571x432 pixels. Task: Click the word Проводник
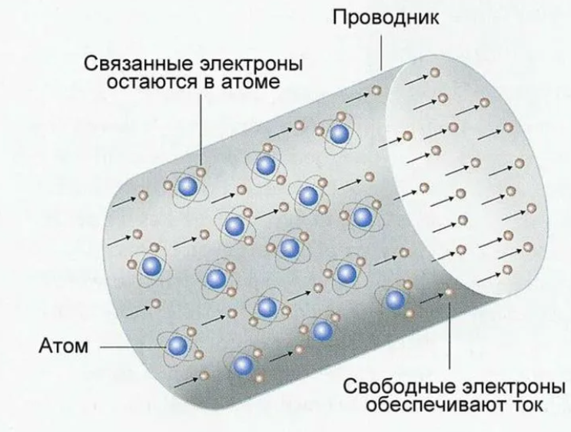(386, 18)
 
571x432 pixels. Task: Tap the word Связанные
(138, 64)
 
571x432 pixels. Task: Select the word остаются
(153, 82)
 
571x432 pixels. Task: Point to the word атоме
(251, 83)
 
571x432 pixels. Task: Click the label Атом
(64, 346)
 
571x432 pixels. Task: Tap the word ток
(526, 405)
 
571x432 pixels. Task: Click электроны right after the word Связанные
(251, 65)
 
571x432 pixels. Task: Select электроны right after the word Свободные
(513, 387)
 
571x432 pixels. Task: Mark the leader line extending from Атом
(133, 347)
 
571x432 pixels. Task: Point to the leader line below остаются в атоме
(201, 130)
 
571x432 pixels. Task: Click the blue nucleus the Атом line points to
(178, 345)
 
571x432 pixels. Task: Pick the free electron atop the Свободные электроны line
(449, 292)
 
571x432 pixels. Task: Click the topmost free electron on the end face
(434, 73)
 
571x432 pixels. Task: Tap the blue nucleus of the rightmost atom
(395, 300)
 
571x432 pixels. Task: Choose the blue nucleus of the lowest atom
(244, 365)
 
